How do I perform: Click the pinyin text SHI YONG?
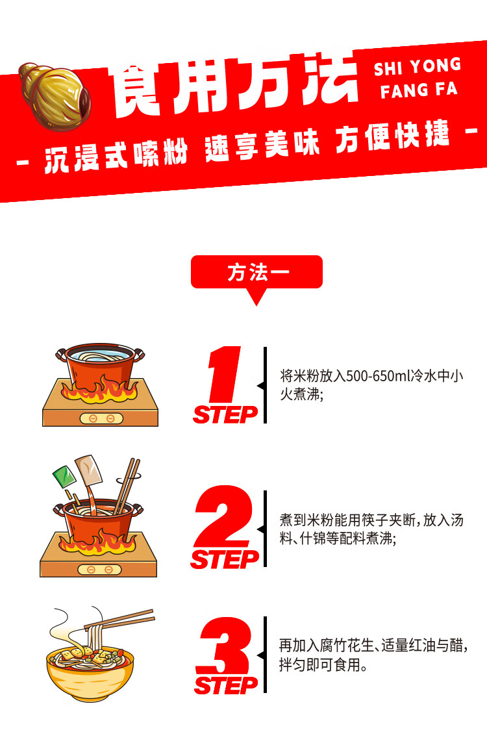417,66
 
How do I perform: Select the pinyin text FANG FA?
419,90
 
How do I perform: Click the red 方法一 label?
256,272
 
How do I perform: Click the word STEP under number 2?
224,559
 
